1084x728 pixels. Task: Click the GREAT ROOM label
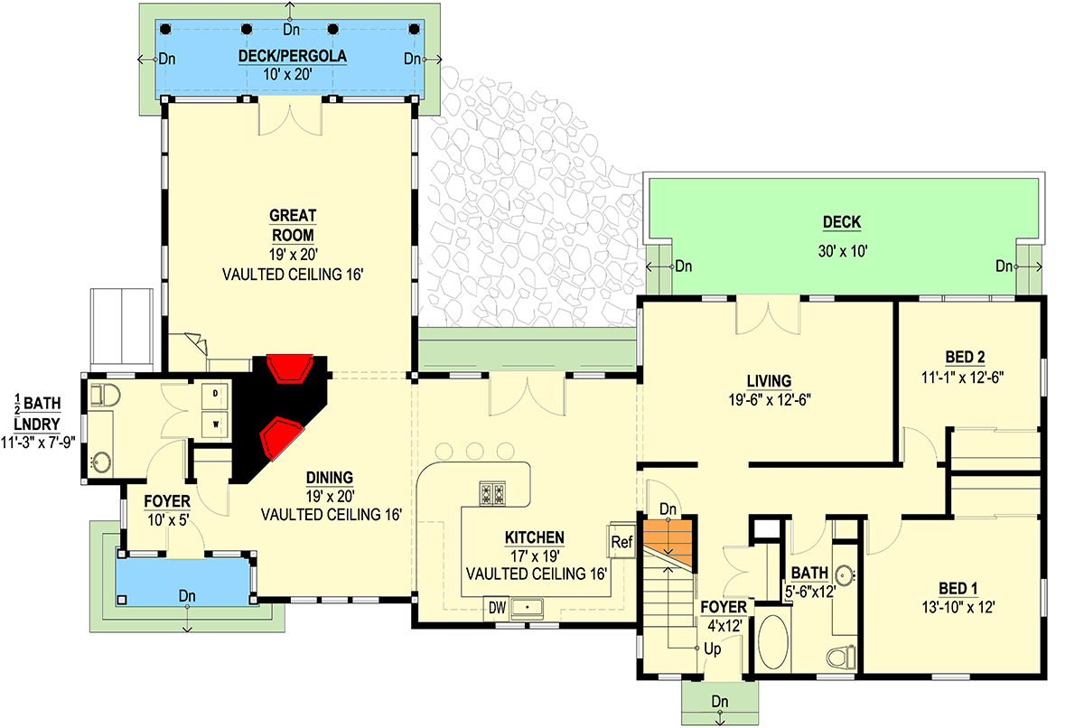click(292, 225)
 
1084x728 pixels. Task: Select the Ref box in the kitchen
click(621, 543)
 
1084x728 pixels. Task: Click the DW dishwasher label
click(497, 607)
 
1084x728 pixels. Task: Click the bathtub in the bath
click(771, 642)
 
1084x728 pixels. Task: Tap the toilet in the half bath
click(106, 395)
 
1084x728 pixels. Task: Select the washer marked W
click(217, 422)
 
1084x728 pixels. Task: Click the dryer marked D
click(217, 395)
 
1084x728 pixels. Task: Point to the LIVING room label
click(769, 380)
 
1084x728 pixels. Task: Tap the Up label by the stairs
click(713, 649)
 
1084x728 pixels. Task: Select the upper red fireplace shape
click(290, 369)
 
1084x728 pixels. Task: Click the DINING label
click(329, 478)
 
